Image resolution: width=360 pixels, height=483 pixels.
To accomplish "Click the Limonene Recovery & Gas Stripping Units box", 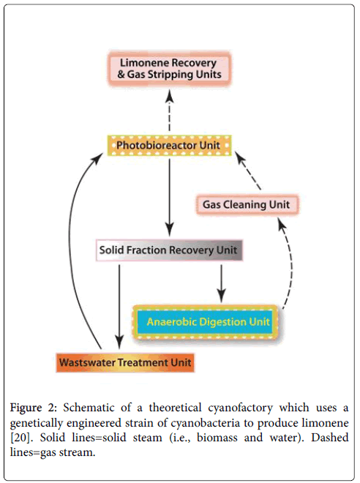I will tap(170, 68).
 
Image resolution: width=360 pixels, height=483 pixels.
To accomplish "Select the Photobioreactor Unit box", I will tap(169, 144).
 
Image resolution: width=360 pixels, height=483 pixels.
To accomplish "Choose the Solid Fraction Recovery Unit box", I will tap(169, 250).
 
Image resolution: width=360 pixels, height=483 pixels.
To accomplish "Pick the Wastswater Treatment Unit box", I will tap(126, 362).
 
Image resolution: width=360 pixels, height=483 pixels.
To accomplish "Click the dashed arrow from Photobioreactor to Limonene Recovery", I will tap(170, 110).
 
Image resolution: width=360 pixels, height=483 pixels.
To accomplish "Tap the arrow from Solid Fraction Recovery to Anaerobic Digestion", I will tap(221, 282).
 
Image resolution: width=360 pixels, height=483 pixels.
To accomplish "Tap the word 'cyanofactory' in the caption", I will tap(222, 407).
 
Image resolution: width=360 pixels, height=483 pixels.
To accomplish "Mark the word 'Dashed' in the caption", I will tap(329, 438).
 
